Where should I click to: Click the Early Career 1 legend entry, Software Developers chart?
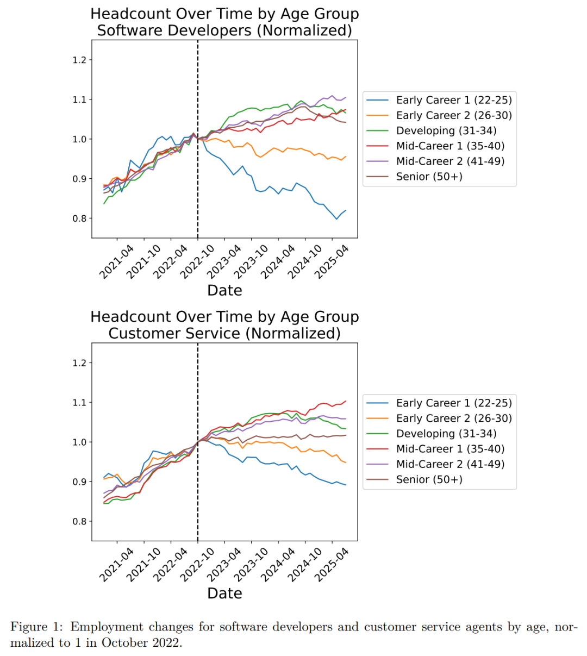[x=453, y=100]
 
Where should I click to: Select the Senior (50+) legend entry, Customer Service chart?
[x=429, y=479]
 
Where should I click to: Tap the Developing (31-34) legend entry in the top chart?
[x=446, y=130]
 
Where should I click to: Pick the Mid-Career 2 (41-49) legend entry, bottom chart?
[x=450, y=464]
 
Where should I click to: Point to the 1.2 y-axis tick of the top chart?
[x=79, y=60]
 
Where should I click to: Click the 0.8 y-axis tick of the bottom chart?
[x=79, y=522]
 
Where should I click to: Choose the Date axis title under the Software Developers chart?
[x=224, y=290]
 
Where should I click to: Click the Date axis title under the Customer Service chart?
[x=224, y=593]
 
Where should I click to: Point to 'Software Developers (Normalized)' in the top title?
[x=224, y=30]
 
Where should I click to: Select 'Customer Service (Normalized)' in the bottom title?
[x=224, y=333]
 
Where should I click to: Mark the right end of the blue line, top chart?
[x=346, y=210]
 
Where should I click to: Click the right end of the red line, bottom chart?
[x=346, y=401]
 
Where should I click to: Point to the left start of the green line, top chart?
[x=104, y=204]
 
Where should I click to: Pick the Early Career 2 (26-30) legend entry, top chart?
[x=453, y=115]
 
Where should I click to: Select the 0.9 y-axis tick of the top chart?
[x=79, y=179]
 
